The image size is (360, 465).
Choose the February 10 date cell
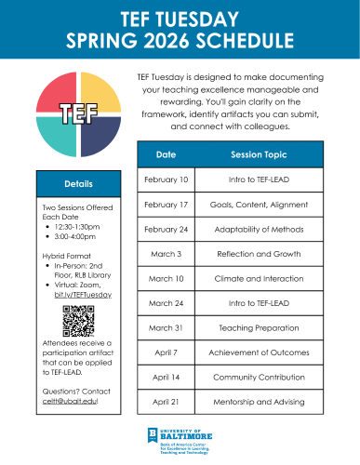[x=167, y=177]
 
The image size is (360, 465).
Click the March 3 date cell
[x=167, y=252]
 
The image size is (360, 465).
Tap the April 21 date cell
[x=167, y=402]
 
